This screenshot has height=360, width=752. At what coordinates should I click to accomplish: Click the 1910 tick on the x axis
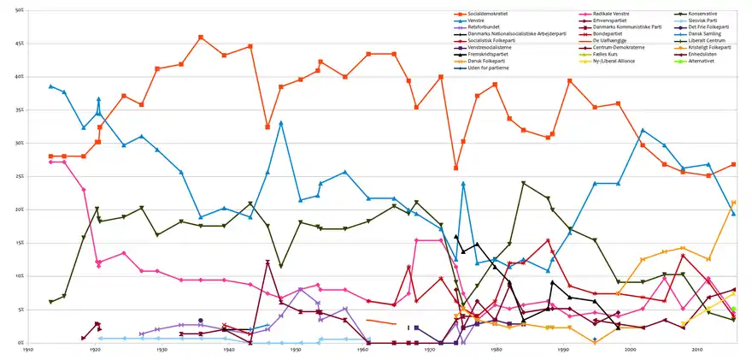[x=27, y=350]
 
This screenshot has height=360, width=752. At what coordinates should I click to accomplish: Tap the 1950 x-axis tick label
[x=296, y=350]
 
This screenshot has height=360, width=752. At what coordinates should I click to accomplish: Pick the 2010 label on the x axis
[x=697, y=350]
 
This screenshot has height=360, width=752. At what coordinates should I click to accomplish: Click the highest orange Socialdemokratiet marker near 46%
[x=201, y=37]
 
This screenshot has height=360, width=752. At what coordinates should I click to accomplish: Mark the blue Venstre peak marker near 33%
[x=281, y=123]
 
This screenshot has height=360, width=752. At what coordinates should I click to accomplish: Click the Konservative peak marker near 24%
[x=523, y=183]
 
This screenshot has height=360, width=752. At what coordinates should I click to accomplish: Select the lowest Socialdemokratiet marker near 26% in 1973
[x=456, y=168]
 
